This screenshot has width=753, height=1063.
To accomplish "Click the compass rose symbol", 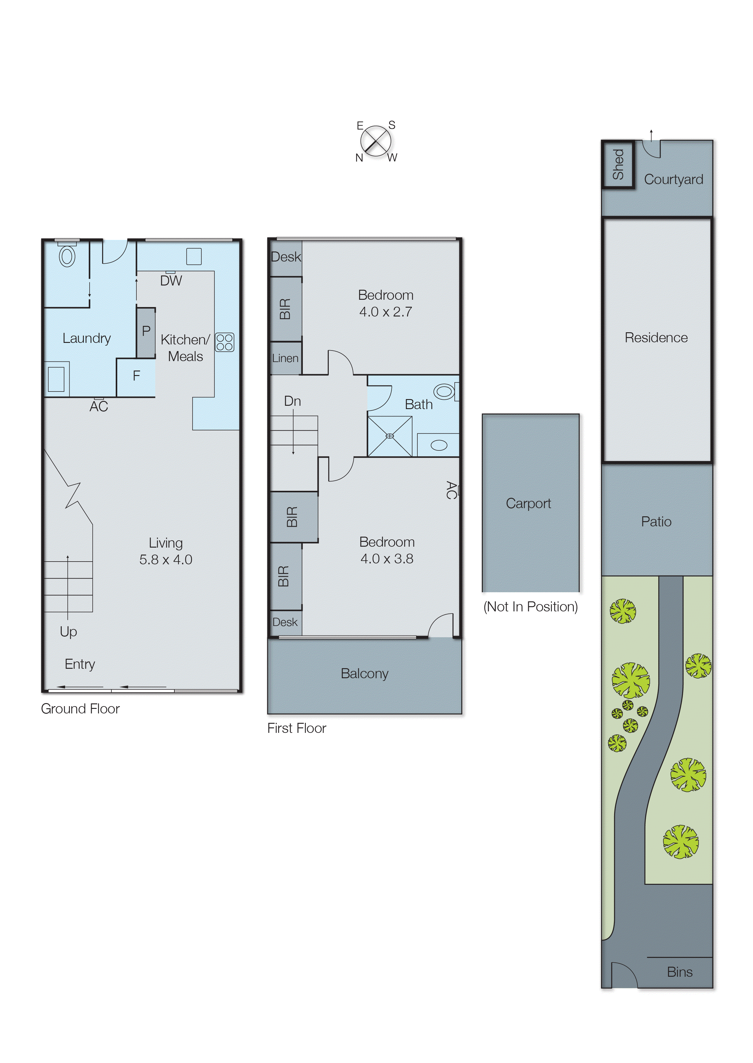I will [x=375, y=141].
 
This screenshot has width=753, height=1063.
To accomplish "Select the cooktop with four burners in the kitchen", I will [x=224, y=342].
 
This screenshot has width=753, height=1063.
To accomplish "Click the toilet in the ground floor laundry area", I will [x=67, y=256].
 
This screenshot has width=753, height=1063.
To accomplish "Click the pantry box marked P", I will [x=145, y=332].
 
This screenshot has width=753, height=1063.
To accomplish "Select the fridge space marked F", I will [x=136, y=376].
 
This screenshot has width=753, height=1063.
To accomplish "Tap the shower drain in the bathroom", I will [x=389, y=436].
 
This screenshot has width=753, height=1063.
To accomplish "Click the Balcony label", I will [x=365, y=674].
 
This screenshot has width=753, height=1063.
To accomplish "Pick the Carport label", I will [x=528, y=504].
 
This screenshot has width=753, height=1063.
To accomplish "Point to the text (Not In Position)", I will [x=530, y=607].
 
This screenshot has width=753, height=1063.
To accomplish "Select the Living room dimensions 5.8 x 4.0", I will [x=166, y=559].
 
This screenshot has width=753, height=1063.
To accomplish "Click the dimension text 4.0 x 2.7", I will [x=385, y=312].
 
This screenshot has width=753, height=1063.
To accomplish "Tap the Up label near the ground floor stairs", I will [x=68, y=631].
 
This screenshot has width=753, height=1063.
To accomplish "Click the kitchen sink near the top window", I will [x=194, y=256].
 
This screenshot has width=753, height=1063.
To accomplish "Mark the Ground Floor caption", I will [x=80, y=709].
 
